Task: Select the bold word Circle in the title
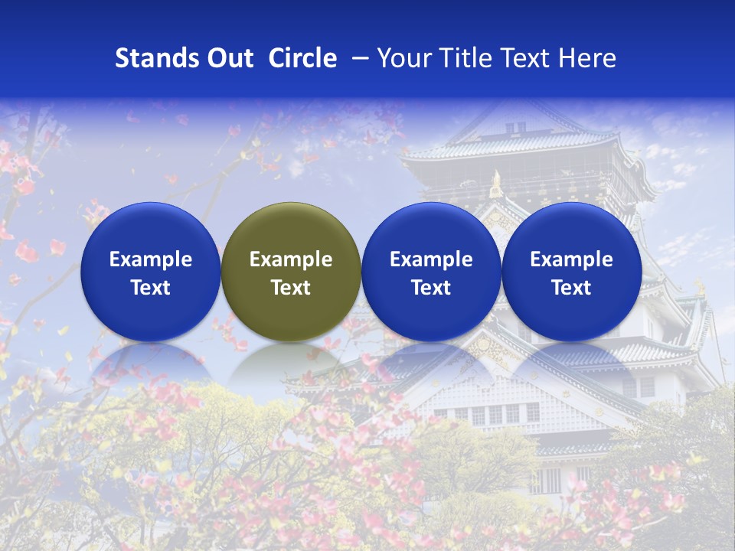click(x=302, y=58)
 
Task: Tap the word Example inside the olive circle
click(x=291, y=259)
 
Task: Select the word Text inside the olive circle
click(x=291, y=288)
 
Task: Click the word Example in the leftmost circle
click(x=150, y=259)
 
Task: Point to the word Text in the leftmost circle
click(x=150, y=288)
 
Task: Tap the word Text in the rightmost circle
click(x=571, y=288)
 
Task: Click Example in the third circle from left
click(x=431, y=259)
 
